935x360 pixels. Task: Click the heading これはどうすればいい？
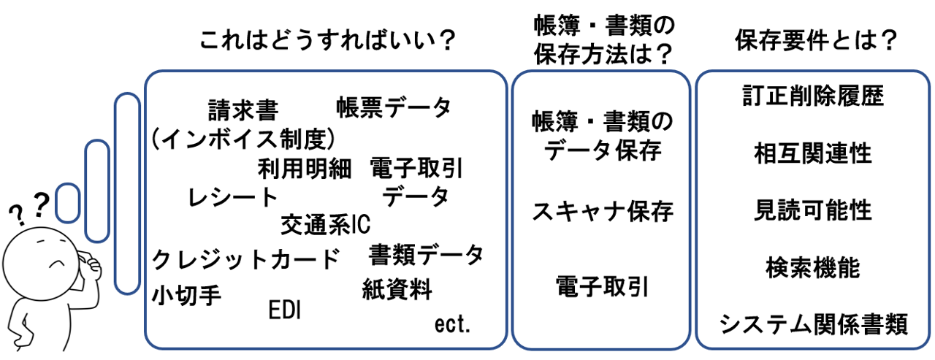pos(327,41)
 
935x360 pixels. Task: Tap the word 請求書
pos(243,111)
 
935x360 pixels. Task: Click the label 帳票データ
pos(394,108)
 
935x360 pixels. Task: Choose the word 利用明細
pos(305,169)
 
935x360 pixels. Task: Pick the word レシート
pos(233,196)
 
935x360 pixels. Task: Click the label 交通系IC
pos(327,225)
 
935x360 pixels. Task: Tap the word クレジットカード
pos(246,258)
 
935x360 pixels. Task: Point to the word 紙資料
pos(397,290)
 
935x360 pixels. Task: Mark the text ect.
pos(452,324)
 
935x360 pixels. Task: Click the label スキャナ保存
pos(602,212)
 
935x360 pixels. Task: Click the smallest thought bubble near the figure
pos(67,203)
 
